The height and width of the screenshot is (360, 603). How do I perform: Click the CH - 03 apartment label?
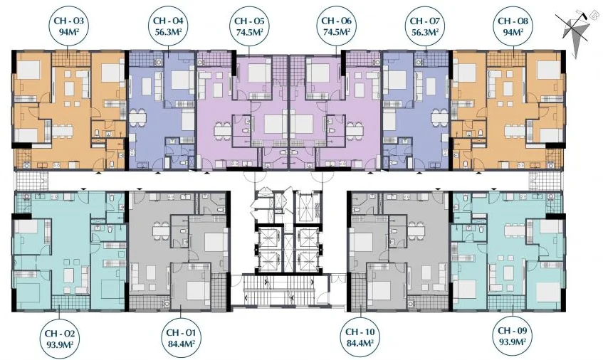click(69, 26)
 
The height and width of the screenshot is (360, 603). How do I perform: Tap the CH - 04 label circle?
click(168, 26)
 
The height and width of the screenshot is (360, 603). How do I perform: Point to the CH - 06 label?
click(336, 26)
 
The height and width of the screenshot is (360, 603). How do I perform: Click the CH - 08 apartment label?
click(513, 26)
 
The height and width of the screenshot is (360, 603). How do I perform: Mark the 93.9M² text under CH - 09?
click(513, 342)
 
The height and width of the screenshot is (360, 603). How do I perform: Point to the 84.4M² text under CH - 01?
click(181, 342)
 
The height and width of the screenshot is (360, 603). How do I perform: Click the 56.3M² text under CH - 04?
click(168, 31)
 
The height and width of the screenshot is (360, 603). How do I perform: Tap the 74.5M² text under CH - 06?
click(336, 31)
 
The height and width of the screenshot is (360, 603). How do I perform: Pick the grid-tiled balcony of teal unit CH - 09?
click(506, 302)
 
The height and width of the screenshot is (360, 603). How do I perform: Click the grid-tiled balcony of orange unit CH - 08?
click(506, 59)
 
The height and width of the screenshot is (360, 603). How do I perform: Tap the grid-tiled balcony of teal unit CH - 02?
click(70, 302)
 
